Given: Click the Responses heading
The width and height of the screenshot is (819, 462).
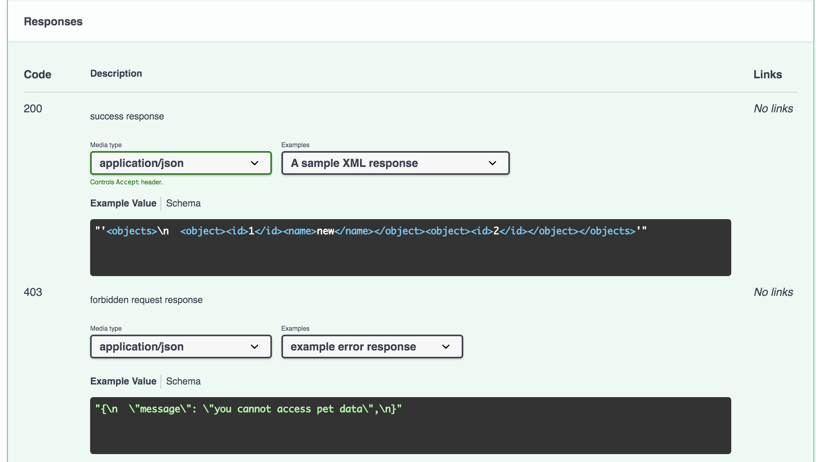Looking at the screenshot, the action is pos(53,21).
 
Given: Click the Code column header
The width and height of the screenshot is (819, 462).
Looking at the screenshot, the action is pos(38,74).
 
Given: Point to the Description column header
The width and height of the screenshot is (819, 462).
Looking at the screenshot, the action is pos(116,74).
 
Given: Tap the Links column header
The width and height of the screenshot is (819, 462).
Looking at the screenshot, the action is pos(767,74).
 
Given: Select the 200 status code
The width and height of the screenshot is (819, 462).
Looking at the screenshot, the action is pos(33,108).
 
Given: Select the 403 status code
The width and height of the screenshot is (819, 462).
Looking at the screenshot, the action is pos(33,292).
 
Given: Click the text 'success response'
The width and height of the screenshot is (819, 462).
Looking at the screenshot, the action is pos(127,116).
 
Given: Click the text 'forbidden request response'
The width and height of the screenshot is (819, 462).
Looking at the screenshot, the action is pos(146,300).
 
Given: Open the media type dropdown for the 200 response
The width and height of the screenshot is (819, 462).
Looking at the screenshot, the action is pos(181,163).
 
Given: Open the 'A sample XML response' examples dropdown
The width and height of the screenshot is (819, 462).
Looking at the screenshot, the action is pos(395,163).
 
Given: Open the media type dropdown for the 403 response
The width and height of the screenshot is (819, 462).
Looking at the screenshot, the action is pos(181,346).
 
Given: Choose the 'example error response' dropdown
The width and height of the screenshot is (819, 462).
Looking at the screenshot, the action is pos(372,346).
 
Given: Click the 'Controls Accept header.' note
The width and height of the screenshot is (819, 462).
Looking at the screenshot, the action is pos(126,182).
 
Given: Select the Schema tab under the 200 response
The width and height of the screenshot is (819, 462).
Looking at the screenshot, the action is pos(183,203).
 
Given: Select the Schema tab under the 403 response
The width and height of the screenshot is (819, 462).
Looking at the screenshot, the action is pos(183,381).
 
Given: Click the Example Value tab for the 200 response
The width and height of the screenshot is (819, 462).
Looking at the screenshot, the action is pos(123,203).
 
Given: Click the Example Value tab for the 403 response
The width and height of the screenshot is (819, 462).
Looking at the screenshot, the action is pos(123,381).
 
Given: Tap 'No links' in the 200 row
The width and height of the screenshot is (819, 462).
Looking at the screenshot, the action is pos(773,108).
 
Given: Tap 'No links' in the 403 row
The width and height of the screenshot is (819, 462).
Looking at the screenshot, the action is pos(773,292).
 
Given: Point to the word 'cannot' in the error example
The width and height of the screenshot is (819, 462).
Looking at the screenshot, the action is pos(254,409).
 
